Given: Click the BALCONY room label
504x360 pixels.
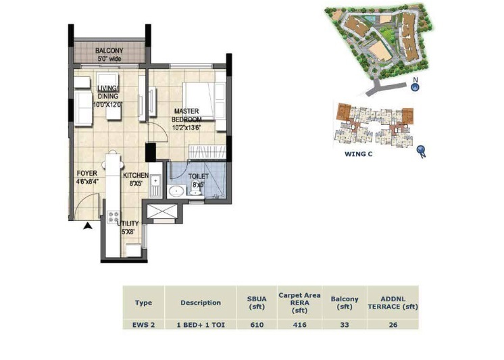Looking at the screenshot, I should [x=108, y=51].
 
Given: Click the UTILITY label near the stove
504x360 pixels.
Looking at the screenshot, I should [x=128, y=224].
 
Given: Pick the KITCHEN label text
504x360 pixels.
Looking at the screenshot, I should [x=135, y=176].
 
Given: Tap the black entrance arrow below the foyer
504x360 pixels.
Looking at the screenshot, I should [x=87, y=227].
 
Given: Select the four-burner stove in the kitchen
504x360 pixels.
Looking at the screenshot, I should [x=112, y=217].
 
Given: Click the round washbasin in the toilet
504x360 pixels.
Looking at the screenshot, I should [x=176, y=191].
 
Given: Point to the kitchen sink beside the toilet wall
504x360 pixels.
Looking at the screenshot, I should [x=155, y=182].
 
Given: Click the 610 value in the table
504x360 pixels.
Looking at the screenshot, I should [x=256, y=325].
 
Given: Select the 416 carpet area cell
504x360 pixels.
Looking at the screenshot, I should [x=299, y=325].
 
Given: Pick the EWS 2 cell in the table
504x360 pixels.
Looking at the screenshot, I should [x=143, y=325].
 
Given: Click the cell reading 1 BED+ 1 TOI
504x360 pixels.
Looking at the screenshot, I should [x=201, y=325].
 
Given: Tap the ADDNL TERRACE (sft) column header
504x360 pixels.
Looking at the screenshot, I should [x=393, y=303].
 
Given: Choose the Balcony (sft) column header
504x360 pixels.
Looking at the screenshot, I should [x=345, y=303].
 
